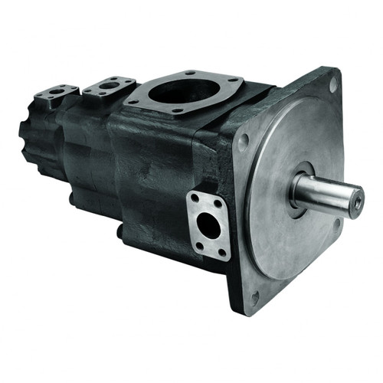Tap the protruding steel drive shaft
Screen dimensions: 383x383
329,196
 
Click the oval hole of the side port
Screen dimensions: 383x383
207,224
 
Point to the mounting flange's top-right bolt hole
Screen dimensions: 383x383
333,87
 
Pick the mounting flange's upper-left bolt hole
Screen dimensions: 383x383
243,141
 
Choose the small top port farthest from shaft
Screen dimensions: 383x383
57,94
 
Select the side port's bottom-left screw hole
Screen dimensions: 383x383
197,244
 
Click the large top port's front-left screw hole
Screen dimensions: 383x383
135,100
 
